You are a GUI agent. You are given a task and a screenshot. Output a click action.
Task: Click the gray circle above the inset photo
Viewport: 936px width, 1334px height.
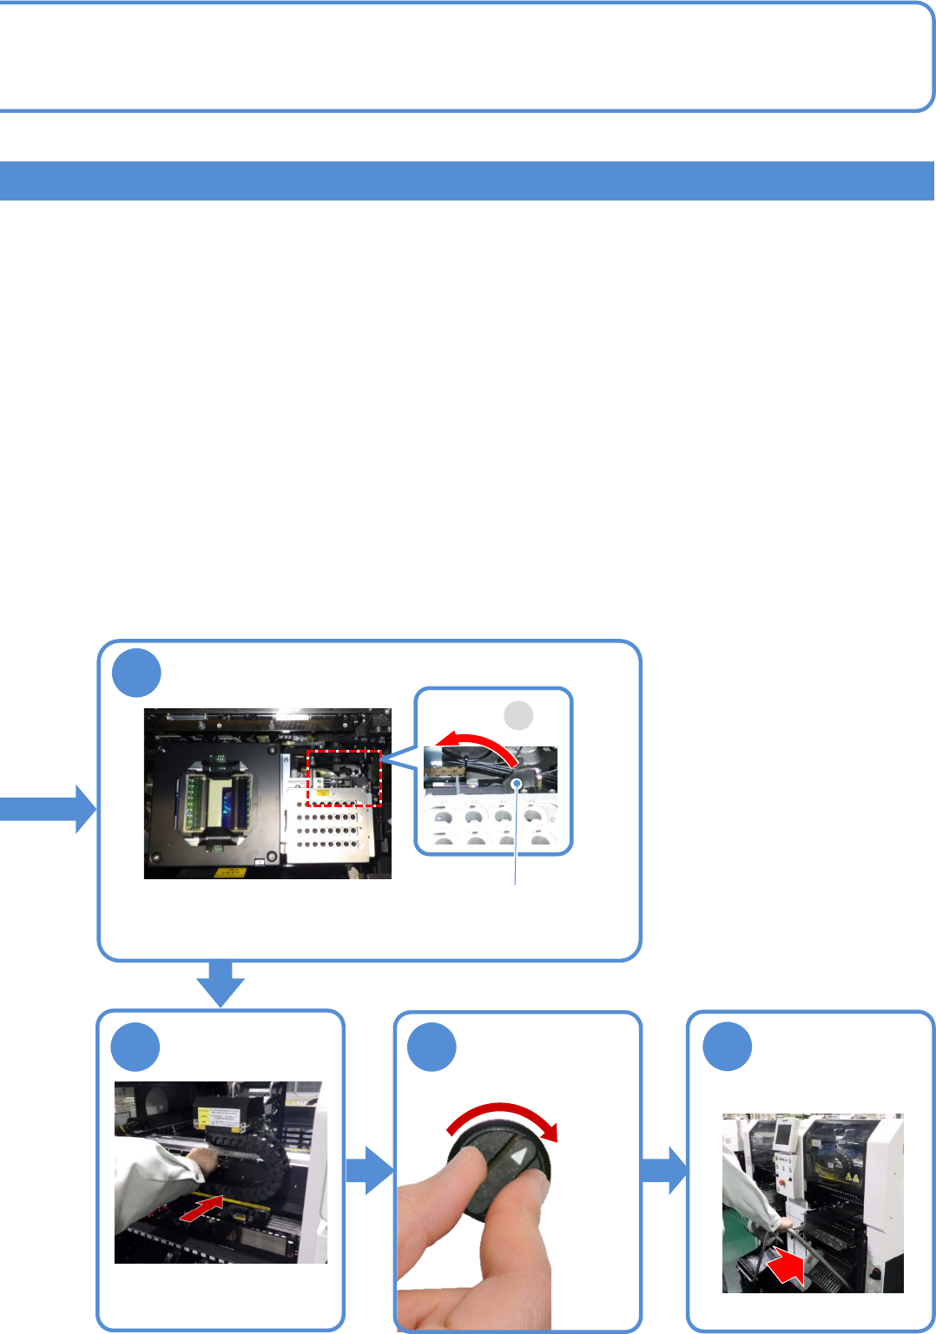click(x=518, y=716)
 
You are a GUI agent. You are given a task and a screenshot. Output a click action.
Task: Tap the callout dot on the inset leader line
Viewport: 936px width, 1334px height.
click(x=517, y=784)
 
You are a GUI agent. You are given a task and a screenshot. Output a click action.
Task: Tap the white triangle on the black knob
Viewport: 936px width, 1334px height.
click(x=519, y=1157)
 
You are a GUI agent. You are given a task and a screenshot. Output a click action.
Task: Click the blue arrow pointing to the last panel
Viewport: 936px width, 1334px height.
click(x=664, y=1170)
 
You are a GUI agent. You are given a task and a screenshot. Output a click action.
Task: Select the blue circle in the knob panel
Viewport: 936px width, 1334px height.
click(x=432, y=1048)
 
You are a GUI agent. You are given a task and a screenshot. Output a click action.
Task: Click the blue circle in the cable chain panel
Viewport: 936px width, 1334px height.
click(x=135, y=1048)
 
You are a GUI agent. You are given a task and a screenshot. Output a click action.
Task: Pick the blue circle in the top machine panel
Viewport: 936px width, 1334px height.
click(x=136, y=673)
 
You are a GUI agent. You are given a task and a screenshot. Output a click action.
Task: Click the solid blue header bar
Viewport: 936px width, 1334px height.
click(x=467, y=181)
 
